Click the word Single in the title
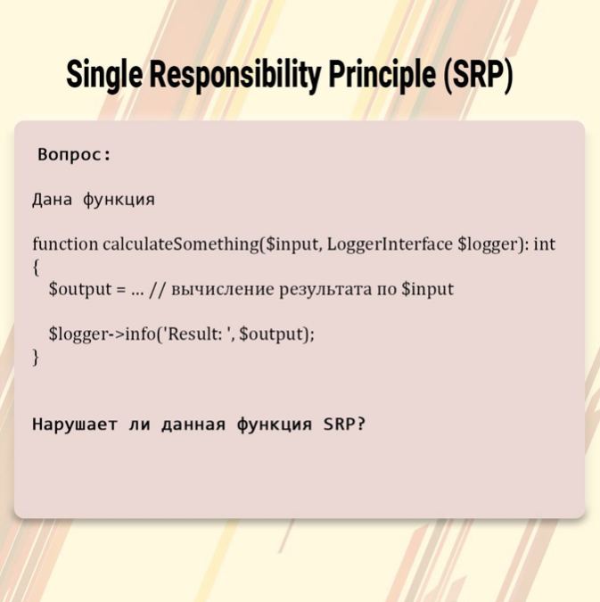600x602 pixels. pyautogui.click(x=104, y=74)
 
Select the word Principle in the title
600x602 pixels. pyautogui.click(x=382, y=74)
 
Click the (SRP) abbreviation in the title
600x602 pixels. pyautogui.click(x=478, y=74)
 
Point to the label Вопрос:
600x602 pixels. pyautogui.click(x=74, y=154)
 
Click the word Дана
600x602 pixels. pyautogui.click(x=52, y=200)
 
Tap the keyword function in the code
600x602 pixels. pyautogui.click(x=65, y=244)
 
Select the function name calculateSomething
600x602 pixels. pyautogui.click(x=181, y=244)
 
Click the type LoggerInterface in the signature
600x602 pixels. pyautogui.click(x=390, y=244)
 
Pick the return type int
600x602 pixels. pyautogui.click(x=545, y=244)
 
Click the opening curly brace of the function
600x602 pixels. pyautogui.click(x=36, y=268)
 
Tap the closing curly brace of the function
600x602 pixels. pyautogui.click(x=36, y=357)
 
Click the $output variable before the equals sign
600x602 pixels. pyautogui.click(x=80, y=289)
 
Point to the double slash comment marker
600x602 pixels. pyautogui.click(x=158, y=289)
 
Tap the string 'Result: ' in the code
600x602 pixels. pyautogui.click(x=199, y=334)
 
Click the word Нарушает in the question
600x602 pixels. pyautogui.click(x=74, y=425)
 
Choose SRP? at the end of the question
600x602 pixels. pyautogui.click(x=344, y=424)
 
